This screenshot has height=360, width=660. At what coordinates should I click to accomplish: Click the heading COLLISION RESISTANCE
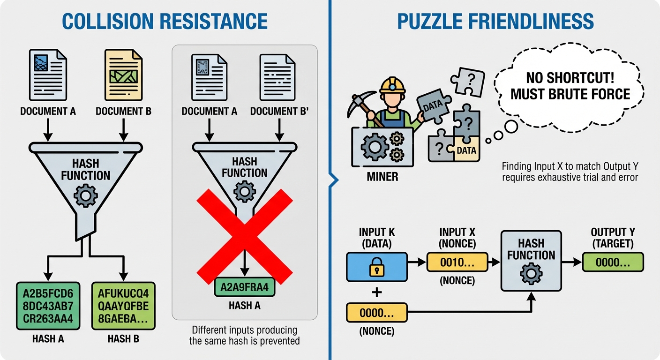(165, 21)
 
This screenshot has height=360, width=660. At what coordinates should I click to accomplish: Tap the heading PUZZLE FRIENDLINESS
(495, 21)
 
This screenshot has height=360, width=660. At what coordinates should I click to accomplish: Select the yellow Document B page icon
(123, 75)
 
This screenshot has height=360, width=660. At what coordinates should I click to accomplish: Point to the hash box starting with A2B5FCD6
(48, 306)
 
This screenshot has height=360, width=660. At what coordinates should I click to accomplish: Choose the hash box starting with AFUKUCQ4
(123, 306)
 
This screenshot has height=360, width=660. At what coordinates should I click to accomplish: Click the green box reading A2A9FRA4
(244, 287)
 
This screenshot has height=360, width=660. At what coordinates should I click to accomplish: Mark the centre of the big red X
(244, 237)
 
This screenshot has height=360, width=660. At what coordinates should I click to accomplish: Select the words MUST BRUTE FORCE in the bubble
(570, 94)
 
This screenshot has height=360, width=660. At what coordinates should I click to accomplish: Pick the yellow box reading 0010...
(457, 263)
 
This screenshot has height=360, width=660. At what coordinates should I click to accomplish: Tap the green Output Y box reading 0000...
(612, 262)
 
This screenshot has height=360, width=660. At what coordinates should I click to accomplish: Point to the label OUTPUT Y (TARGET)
(612, 238)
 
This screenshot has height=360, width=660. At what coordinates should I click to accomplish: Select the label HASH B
(123, 338)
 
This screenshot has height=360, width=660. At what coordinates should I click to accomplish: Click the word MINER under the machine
(383, 177)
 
